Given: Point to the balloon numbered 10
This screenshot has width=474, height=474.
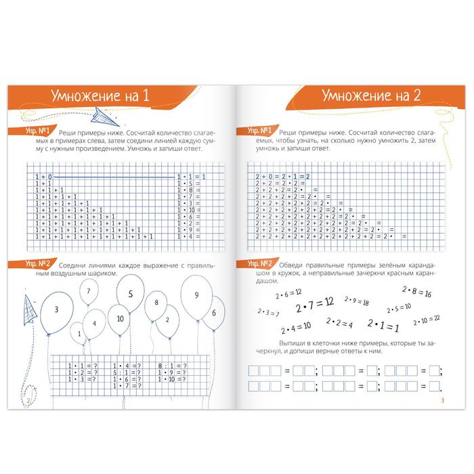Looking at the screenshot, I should click(120, 318).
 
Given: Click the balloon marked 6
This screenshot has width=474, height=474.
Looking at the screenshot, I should click(213, 313).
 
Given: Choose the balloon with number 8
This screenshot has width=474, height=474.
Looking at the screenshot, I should click(156, 303).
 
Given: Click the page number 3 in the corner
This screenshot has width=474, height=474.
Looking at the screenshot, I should click(441, 405).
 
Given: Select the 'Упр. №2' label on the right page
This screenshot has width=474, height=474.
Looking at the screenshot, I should click(259, 263).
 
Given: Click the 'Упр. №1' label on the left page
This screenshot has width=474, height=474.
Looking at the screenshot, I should click(39, 133).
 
